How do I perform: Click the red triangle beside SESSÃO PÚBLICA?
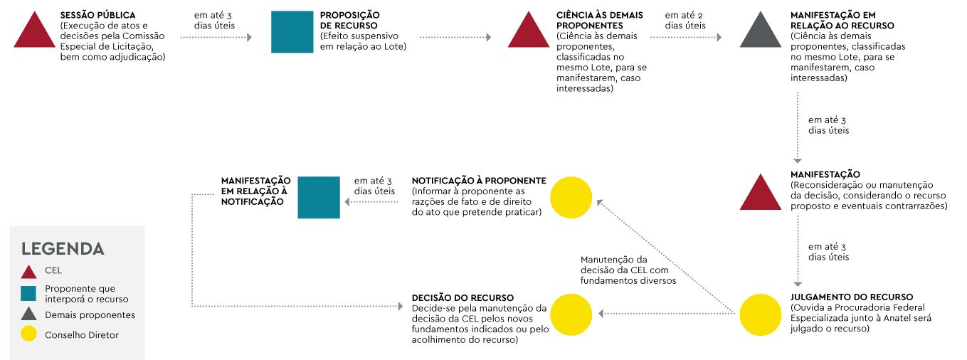coord(33,33)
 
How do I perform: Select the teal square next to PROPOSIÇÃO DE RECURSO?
coord(292,32)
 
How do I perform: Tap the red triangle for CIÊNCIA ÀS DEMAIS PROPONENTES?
coord(528,33)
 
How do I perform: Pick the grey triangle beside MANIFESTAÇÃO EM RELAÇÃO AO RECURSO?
coord(760,33)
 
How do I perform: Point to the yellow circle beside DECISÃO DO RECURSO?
coord(571,314)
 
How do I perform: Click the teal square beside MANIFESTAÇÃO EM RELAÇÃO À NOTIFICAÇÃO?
coord(318,197)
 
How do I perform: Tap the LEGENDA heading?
coord(63,249)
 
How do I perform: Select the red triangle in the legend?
coord(28,271)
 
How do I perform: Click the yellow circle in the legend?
coord(28,334)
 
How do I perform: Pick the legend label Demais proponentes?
coord(90,314)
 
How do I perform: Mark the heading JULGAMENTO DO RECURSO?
coord(852,297)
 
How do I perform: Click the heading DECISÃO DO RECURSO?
coord(463,297)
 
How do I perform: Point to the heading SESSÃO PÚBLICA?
coord(98,15)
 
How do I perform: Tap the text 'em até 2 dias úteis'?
coord(685,20)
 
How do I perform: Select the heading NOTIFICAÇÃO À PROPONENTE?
coord(478,181)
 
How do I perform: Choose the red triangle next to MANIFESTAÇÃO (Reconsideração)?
coord(761,194)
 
